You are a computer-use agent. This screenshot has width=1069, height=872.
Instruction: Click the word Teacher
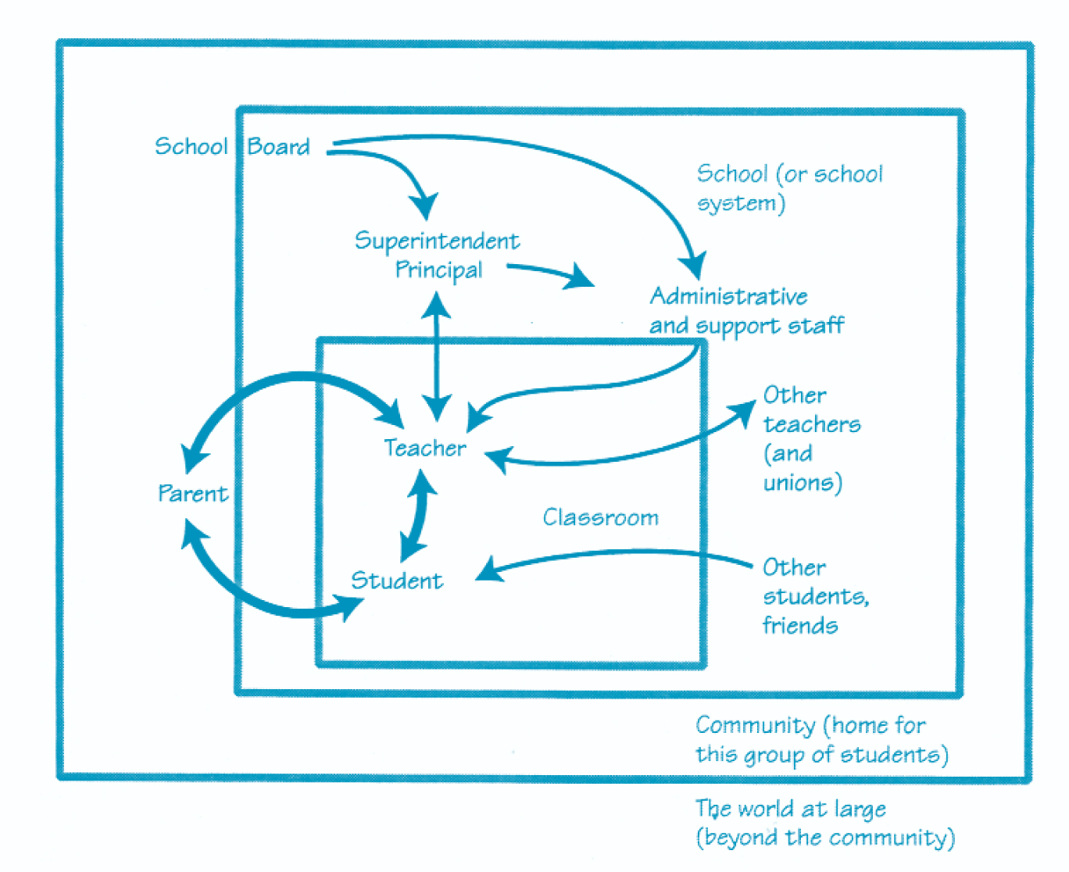coord(424,448)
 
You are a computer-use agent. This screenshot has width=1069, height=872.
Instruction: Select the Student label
coord(396,581)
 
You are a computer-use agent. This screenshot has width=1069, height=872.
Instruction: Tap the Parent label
coord(192,494)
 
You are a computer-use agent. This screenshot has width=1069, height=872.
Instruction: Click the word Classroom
coord(600,517)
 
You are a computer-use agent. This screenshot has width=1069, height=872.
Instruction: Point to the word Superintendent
coord(437,241)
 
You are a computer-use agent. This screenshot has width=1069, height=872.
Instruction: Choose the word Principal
coord(438,270)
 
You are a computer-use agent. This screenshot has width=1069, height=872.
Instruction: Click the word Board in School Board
coord(278,147)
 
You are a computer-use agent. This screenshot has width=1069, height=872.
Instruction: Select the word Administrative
coord(728,296)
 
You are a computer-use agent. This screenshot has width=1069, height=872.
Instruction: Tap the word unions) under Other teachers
coord(803,483)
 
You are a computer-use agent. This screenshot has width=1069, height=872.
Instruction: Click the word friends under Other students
coord(799,626)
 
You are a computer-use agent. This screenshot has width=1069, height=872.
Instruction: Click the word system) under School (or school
coord(740,204)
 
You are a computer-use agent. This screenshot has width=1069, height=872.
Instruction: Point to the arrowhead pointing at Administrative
coord(693,266)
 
